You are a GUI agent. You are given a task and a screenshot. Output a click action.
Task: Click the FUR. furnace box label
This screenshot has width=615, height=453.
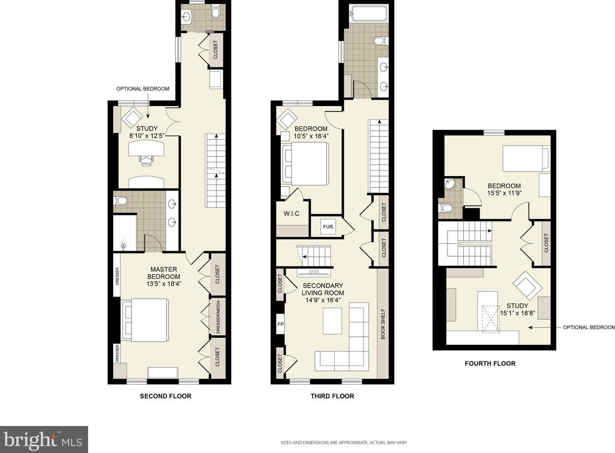coord(328,227)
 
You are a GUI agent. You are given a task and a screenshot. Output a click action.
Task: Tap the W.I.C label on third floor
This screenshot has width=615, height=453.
coord(291,213)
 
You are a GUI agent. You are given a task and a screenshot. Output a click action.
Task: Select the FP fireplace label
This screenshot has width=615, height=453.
coord(280,324)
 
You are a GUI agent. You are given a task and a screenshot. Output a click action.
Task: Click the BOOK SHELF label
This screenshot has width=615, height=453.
coord(383,324)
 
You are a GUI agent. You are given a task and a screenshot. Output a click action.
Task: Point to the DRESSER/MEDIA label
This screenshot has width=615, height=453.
coord(218,317)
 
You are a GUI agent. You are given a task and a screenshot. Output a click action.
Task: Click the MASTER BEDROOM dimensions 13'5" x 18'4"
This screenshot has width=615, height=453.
coord(164,284)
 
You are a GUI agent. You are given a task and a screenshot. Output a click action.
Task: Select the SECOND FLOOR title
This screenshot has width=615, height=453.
coord(166,396)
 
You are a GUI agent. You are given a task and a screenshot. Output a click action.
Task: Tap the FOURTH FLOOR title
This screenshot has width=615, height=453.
coord(490,364)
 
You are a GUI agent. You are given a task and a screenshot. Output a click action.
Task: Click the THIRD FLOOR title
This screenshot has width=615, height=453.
coord(332,396)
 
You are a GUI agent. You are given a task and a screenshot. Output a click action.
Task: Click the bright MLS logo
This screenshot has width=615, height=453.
coord(44,439)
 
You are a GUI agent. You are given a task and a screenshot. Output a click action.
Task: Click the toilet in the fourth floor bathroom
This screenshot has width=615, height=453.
coord(445,207)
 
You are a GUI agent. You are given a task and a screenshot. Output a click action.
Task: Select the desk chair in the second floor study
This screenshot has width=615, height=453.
coord(146,160)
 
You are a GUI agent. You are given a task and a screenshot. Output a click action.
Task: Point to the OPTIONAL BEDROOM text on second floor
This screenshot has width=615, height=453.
coord(143,89)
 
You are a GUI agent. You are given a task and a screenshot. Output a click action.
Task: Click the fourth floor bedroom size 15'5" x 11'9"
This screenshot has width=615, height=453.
coord(504,193)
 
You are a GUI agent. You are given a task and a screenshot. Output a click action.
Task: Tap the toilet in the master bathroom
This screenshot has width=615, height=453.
coord(120,201)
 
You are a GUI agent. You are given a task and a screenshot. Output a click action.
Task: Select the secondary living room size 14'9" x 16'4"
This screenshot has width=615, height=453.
coord(323,300)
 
